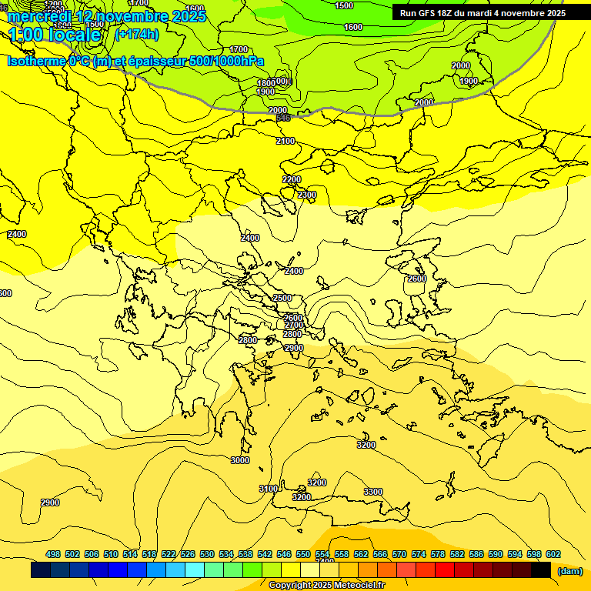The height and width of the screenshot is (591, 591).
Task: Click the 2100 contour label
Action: coord(285,141)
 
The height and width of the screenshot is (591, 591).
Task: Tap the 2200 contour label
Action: coord(292,179)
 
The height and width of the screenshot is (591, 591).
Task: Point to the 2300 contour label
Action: coord(307,195)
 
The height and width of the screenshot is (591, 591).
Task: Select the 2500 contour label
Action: coord(282,298)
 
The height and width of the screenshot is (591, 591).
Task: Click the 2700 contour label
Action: coord(293,326)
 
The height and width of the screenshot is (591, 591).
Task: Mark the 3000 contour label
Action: coord(240,460)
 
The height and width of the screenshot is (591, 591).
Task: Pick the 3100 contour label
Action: coord(268,489)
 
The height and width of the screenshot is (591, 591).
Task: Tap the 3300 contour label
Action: coord(373,492)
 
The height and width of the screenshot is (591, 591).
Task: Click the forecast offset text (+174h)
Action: coord(136,34)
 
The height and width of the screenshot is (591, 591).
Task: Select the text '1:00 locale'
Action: coord(55,35)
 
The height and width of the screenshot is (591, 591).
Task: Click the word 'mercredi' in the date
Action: coord(38,15)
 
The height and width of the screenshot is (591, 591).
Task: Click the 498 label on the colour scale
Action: coord(53,554)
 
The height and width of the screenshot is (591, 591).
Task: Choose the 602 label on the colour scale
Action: coord(553,554)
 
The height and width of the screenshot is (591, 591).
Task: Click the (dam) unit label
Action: coord(570,571)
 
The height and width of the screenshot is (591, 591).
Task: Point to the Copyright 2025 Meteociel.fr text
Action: coord(326,585)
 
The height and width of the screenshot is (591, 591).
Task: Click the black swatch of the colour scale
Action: coord(541,570)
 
